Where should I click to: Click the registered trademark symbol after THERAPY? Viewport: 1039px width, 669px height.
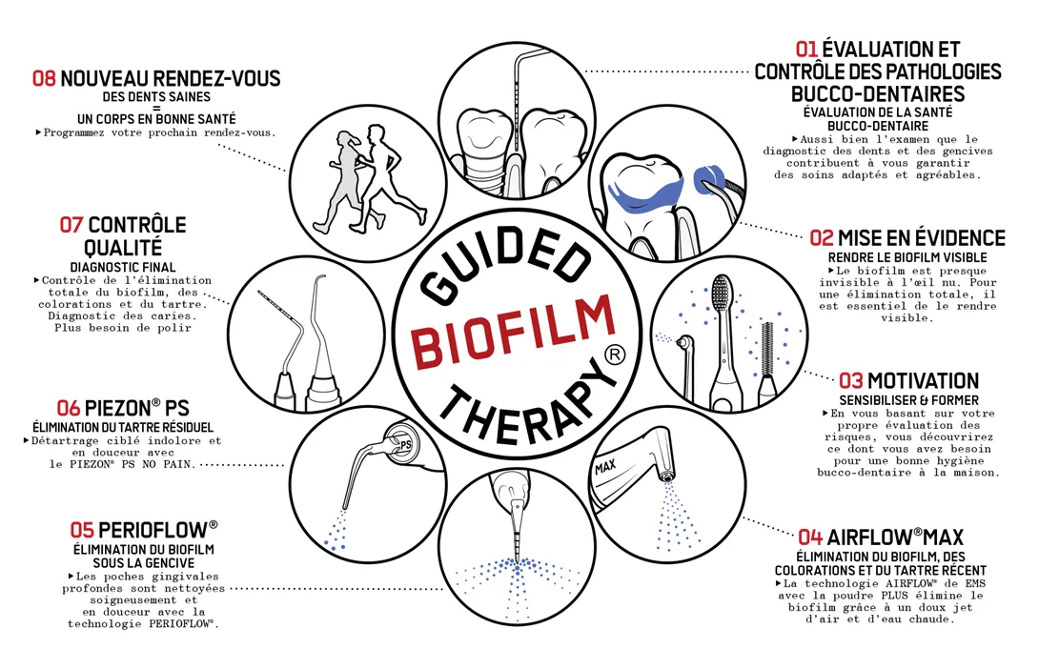[615, 355]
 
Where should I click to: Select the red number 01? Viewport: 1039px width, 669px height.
[807, 49]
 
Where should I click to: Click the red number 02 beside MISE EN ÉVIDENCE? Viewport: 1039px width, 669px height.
[822, 237]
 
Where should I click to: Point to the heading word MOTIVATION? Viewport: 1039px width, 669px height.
[923, 381]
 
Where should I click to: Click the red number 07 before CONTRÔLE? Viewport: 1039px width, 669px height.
[71, 225]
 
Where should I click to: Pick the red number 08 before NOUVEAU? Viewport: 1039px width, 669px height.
[45, 78]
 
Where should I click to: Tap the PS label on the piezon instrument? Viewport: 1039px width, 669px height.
[405, 444]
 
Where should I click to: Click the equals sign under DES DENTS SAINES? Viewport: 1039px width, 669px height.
[157, 108]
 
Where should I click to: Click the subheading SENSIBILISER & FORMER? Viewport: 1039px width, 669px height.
[908, 400]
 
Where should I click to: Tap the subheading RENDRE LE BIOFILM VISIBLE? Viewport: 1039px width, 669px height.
[907, 257]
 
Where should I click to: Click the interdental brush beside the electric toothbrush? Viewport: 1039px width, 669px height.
[766, 353]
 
